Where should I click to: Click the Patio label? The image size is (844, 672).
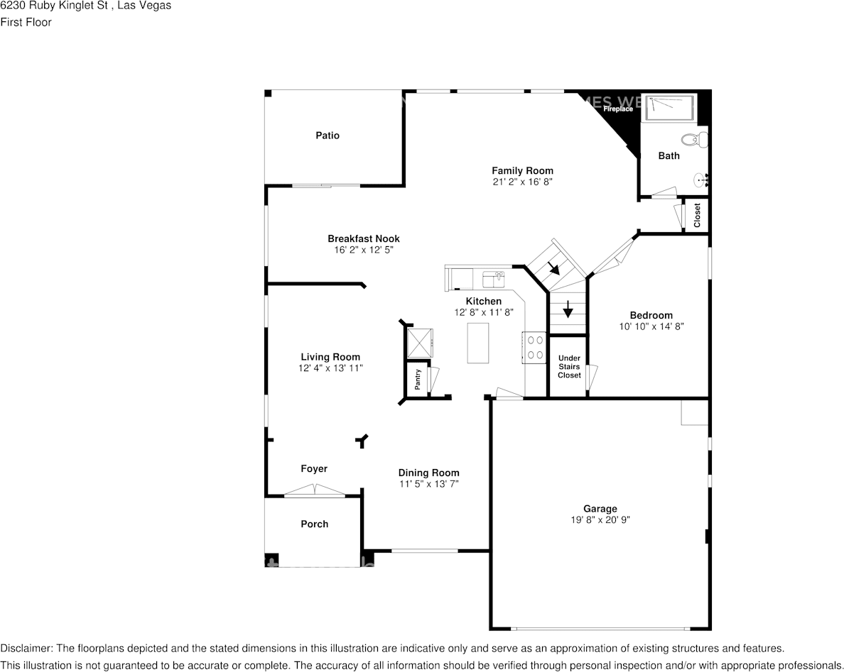(x=328, y=136)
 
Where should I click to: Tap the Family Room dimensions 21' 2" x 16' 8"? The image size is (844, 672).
(x=522, y=182)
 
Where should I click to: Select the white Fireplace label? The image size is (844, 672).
(x=618, y=109)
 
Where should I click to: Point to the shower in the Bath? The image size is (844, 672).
(x=670, y=109)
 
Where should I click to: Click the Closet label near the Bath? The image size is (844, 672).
(x=697, y=215)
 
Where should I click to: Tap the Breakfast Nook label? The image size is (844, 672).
(x=363, y=238)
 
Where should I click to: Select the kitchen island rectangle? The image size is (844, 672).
(x=478, y=343)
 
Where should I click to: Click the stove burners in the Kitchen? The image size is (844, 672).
(x=534, y=348)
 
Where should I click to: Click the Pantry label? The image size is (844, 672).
(x=418, y=380)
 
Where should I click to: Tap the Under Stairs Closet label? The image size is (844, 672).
(x=568, y=366)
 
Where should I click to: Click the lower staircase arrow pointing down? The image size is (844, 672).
(x=568, y=309)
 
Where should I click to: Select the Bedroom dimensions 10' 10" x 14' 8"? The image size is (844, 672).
(x=651, y=326)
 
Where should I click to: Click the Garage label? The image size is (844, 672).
(x=600, y=508)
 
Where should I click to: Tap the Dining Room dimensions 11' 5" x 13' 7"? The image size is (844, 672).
(x=428, y=484)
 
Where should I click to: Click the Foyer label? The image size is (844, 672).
(x=314, y=468)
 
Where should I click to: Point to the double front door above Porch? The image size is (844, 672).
(x=315, y=490)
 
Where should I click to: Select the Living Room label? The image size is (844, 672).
(x=330, y=357)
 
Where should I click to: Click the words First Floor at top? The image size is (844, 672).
(x=26, y=22)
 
